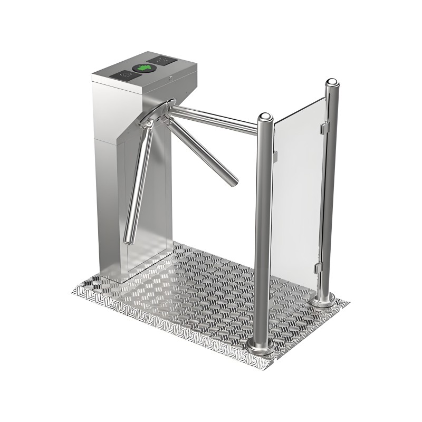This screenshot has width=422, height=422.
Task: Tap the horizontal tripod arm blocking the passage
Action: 216,117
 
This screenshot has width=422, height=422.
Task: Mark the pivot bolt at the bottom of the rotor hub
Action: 149,123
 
